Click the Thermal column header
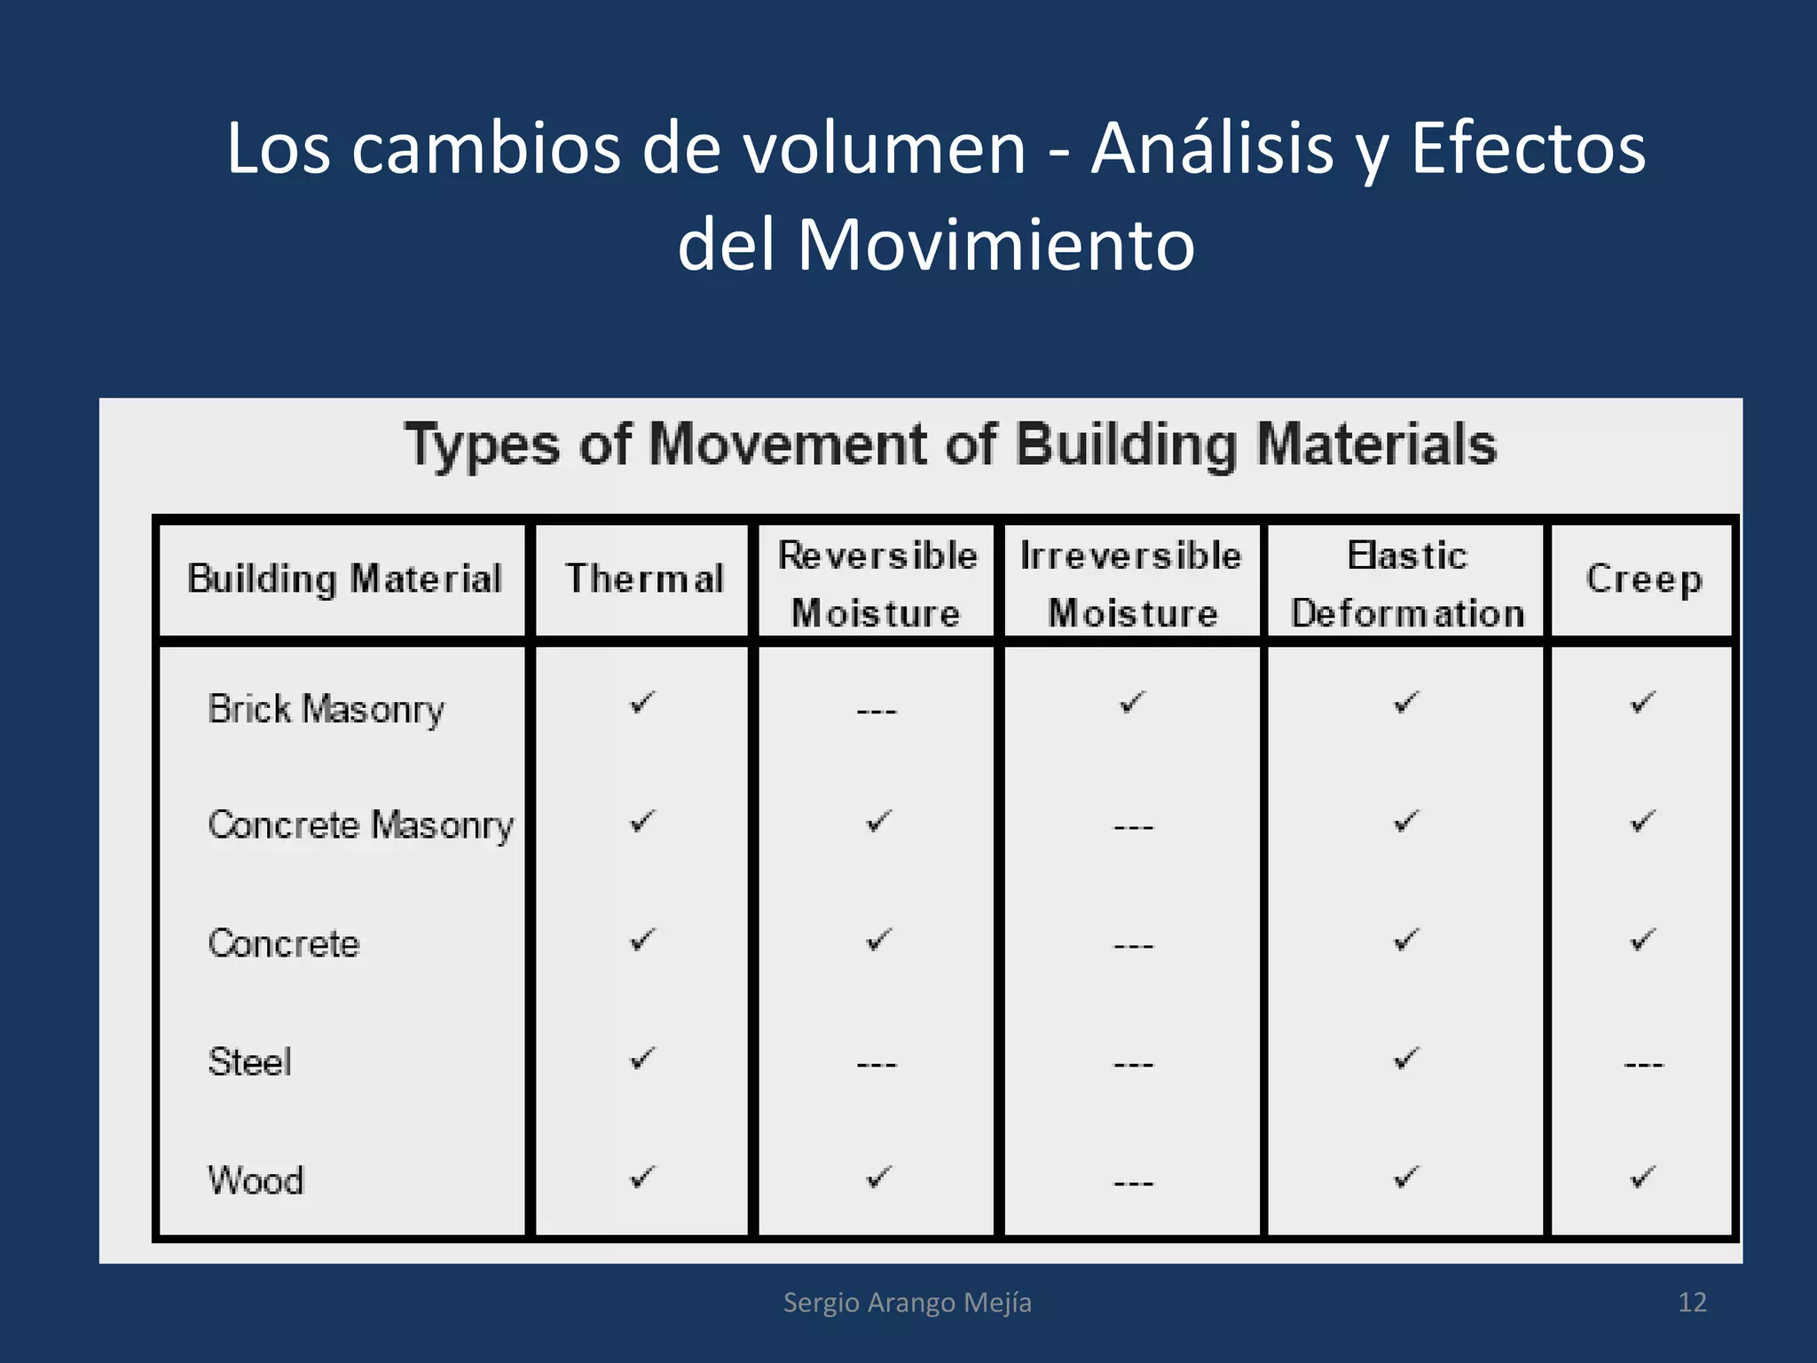645,579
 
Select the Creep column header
1644,579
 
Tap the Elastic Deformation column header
1407,584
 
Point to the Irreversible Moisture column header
1131,584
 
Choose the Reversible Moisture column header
877,584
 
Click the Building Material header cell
344,579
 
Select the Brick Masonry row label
326,709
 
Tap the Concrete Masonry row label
360,825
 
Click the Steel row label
249,1061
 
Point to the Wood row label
256,1180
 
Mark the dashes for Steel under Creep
1643,1063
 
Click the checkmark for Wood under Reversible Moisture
877,1178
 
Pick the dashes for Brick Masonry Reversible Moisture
877,711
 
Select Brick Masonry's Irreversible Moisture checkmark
1132,703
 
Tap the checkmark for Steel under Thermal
641,1058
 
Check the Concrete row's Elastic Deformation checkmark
1406,940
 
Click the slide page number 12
1692,1302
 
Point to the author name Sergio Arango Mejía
907,1302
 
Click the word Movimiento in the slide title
995,244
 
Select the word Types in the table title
482,445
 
